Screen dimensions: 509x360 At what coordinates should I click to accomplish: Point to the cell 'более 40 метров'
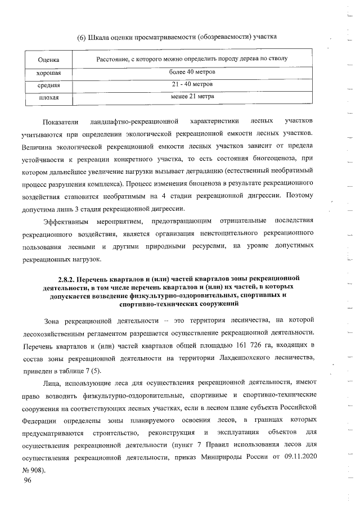192,73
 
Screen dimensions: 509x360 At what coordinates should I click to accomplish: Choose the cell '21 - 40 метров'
192,85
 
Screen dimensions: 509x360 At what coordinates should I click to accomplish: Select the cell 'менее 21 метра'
192,97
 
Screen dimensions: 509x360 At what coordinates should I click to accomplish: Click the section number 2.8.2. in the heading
69,278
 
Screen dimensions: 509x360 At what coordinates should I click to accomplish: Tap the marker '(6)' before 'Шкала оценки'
82,38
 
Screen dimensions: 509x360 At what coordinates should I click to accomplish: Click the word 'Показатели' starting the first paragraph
59,121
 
